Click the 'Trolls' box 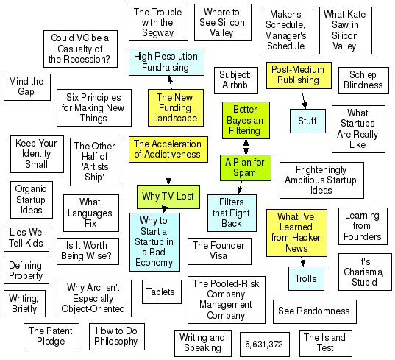[x=306, y=278]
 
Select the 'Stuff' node [x=307, y=121]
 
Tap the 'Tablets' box [x=162, y=292]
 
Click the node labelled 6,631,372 [x=265, y=344]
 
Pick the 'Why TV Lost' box [x=168, y=197]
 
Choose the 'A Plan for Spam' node [x=246, y=168]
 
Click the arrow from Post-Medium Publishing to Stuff [x=304, y=99]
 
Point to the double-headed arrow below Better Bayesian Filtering [x=246, y=147]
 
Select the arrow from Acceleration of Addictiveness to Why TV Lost [x=168, y=174]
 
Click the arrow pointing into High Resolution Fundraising [x=171, y=82]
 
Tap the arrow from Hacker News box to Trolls [x=302, y=261]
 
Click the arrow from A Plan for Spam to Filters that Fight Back [x=240, y=188]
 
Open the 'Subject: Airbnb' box [x=236, y=80]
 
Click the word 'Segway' [x=158, y=33]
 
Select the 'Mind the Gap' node [x=27, y=87]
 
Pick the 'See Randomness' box [x=315, y=311]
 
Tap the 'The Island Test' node [x=325, y=343]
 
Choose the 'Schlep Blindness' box [x=363, y=80]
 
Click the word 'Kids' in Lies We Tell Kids [x=35, y=243]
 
